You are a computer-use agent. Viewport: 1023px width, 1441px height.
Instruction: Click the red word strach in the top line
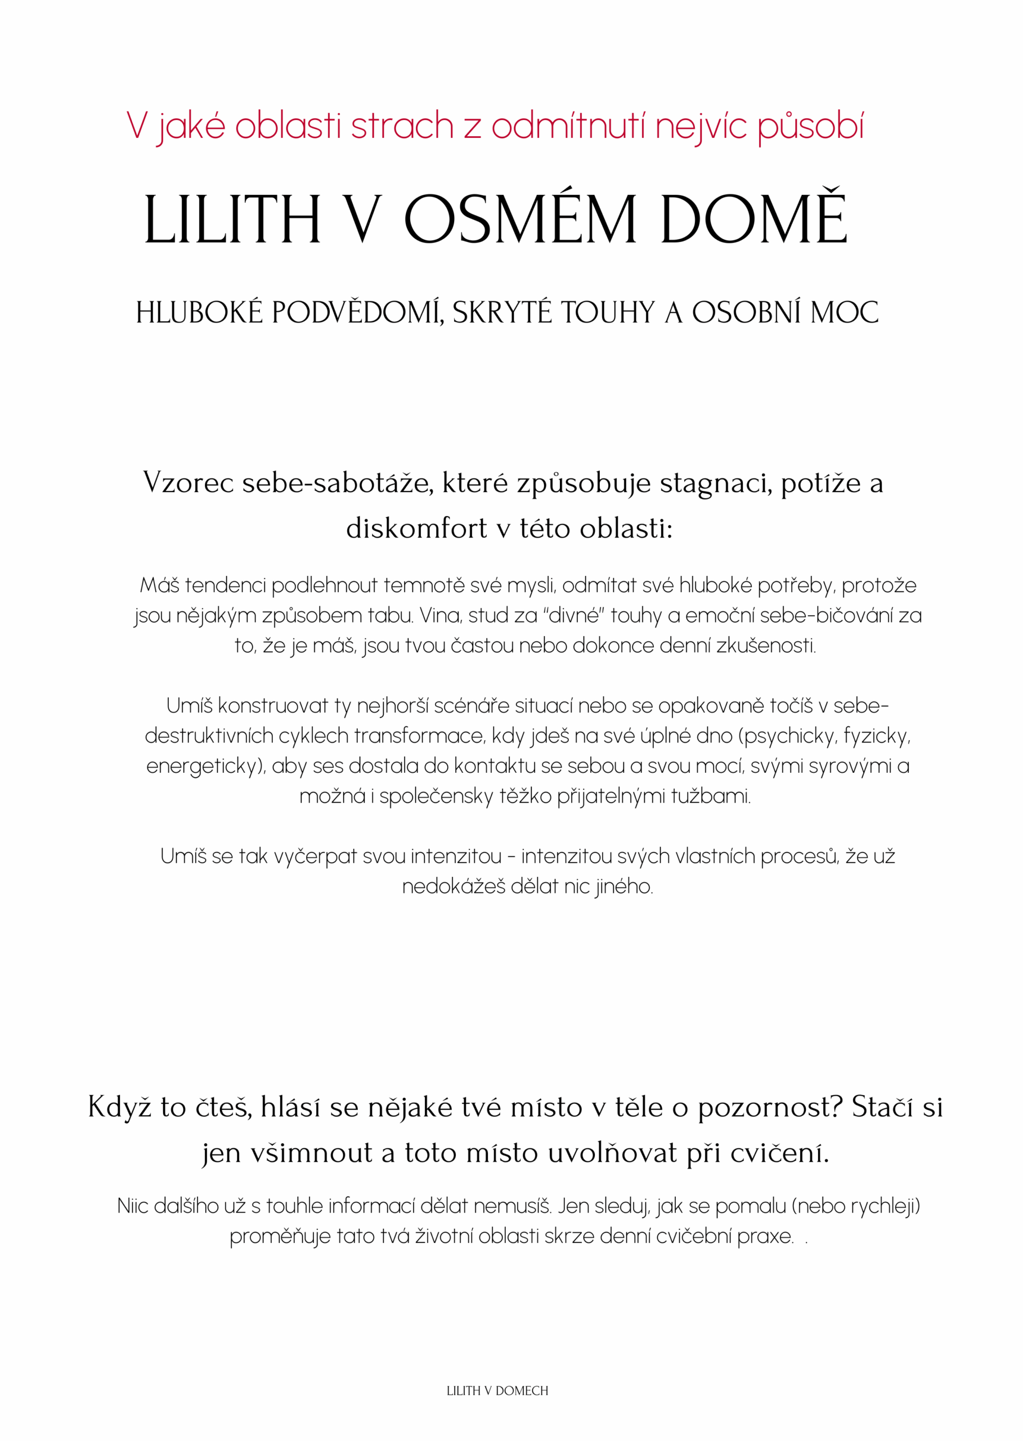[402, 126]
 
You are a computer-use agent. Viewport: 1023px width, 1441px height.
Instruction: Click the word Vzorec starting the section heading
[189, 484]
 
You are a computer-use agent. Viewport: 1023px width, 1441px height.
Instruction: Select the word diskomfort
[416, 528]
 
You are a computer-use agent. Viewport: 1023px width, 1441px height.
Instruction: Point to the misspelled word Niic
[132, 1206]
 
